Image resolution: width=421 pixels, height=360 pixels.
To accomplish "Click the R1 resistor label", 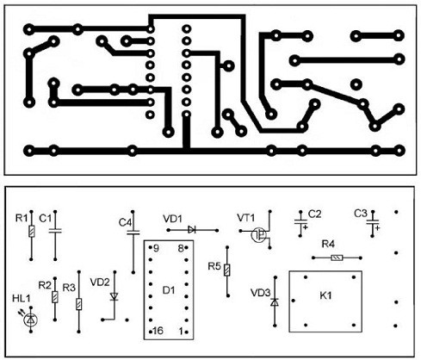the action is (22, 219).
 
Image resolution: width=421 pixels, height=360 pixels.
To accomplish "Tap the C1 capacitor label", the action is (45, 219).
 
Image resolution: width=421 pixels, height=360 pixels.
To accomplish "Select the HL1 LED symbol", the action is (31, 320).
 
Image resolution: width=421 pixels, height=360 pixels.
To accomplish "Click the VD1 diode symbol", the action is (192, 230).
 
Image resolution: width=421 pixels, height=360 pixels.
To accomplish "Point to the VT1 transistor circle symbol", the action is (258, 235).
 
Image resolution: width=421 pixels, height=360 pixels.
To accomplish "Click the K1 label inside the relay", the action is (325, 295).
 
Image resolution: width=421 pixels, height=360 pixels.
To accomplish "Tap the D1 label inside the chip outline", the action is (169, 290).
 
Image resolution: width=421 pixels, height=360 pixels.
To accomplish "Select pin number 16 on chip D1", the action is (158, 331).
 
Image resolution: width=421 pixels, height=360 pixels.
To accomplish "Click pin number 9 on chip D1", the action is (156, 248).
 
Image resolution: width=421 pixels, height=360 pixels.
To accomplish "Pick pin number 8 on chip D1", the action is (181, 248).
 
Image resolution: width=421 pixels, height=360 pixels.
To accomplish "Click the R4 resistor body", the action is (337, 258).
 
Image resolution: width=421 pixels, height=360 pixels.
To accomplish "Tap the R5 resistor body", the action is (227, 270).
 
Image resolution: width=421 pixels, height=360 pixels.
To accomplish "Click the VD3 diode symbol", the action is (275, 302).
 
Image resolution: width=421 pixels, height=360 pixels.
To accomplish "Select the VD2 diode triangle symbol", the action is (115, 296).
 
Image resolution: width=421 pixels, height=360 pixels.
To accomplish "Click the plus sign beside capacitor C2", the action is (305, 227).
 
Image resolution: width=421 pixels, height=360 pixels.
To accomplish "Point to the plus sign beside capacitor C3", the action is (377, 228).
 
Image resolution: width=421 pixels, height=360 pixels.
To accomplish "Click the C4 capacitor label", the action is (125, 222).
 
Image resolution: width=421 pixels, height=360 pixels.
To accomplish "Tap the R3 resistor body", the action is (78, 304).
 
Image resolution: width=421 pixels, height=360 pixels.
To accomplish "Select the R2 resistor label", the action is (45, 285).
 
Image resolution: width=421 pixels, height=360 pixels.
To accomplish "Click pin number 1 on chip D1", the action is (181, 332).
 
